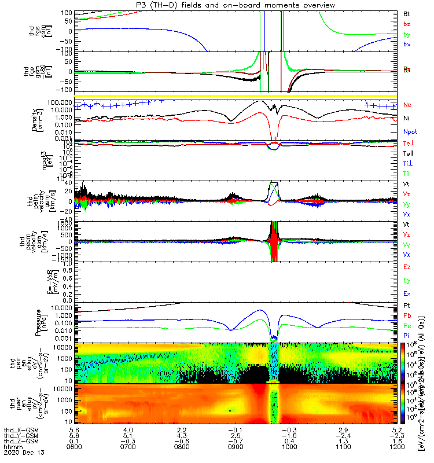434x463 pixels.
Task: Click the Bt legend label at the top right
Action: [x=406, y=13]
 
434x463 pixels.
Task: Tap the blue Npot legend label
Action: [x=410, y=131]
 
